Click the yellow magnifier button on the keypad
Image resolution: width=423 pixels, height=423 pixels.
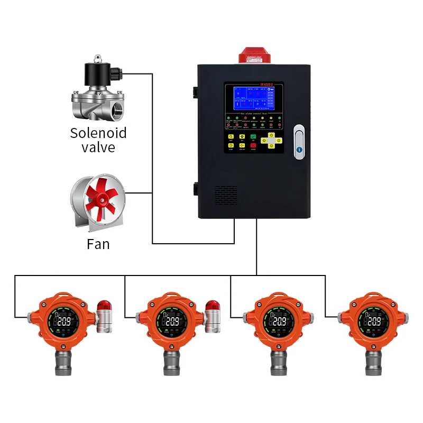tap(232, 137)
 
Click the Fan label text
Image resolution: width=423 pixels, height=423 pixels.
tap(98, 244)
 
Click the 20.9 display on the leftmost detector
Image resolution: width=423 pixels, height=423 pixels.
tap(64, 321)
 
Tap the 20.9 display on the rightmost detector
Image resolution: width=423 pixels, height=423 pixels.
tap(374, 321)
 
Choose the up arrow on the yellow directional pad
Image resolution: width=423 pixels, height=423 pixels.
tap(271, 135)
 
